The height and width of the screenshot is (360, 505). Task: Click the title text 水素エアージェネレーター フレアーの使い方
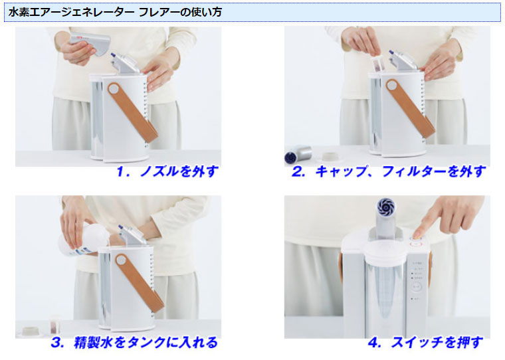(x=115, y=12)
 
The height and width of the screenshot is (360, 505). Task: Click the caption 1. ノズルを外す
(x=167, y=171)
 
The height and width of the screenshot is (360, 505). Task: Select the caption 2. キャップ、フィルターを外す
(x=389, y=171)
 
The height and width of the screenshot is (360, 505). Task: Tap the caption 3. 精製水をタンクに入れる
(x=134, y=342)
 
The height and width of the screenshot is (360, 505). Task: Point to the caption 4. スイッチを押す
(x=426, y=342)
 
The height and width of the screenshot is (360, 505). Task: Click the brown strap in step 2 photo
(x=411, y=108)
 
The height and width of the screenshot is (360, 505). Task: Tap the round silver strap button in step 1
(x=113, y=88)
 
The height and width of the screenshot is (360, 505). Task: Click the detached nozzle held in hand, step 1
(x=90, y=43)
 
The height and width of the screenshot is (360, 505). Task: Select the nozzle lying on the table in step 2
(x=298, y=153)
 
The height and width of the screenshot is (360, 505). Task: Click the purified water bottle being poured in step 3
(x=83, y=240)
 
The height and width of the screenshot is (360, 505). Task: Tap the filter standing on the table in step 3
(x=54, y=325)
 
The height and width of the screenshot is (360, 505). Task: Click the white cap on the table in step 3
(x=31, y=331)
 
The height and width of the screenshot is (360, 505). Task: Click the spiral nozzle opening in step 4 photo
(x=385, y=207)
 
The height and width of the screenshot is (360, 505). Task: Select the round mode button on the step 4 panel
(x=417, y=286)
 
